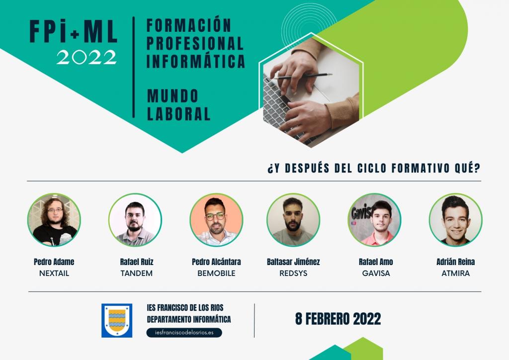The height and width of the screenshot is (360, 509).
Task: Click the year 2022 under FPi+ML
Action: [86, 58]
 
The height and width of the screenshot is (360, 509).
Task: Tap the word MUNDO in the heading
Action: [172, 96]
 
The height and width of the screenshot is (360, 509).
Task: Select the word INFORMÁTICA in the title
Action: [196, 61]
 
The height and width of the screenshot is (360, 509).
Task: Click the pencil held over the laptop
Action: [303, 76]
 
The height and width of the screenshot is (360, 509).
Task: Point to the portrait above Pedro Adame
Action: [54, 220]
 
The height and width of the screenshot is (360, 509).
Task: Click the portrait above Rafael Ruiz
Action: [135, 220]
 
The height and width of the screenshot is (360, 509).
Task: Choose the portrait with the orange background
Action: [216, 220]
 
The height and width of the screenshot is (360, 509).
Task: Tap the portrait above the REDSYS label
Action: [293, 220]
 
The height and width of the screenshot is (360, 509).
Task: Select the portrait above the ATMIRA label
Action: [455, 220]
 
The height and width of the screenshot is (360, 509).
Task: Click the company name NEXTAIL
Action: [54, 273]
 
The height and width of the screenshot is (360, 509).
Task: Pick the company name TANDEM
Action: [136, 273]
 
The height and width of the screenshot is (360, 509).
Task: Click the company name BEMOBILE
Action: [216, 273]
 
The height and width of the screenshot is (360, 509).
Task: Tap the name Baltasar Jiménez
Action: [293, 262]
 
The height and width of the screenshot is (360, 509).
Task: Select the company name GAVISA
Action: [376, 273]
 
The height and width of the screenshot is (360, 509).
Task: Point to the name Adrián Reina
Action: [455, 262]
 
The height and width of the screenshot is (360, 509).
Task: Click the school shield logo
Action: [117, 320]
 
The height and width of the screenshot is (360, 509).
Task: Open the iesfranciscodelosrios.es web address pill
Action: [184, 333]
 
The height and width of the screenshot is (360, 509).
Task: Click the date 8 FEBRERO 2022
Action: [338, 319]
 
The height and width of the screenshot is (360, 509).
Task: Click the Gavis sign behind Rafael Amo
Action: [361, 213]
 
